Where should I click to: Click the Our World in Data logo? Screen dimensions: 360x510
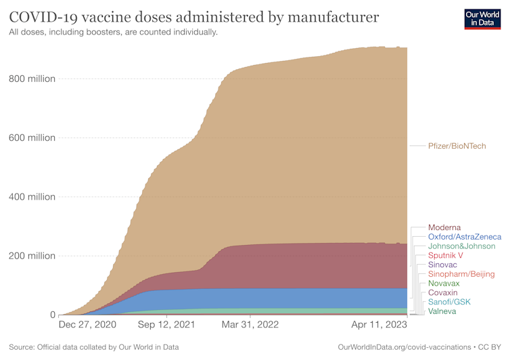482,18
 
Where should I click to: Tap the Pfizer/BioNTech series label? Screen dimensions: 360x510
457,145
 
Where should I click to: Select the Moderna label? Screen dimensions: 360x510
444,227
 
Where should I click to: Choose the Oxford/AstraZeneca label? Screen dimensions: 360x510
465,237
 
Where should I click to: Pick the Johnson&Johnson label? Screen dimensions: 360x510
461,246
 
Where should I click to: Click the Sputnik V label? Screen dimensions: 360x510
445,256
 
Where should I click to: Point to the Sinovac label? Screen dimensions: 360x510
442,265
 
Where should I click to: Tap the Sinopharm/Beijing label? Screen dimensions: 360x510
461,274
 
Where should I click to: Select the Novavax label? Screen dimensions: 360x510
444,284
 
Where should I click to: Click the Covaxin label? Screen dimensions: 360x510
442,292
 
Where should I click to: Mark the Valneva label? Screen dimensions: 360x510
442,311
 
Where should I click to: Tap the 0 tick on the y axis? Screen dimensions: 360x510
51,315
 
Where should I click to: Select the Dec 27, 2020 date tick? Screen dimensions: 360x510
87,325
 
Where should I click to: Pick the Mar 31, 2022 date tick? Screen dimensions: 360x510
250,325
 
